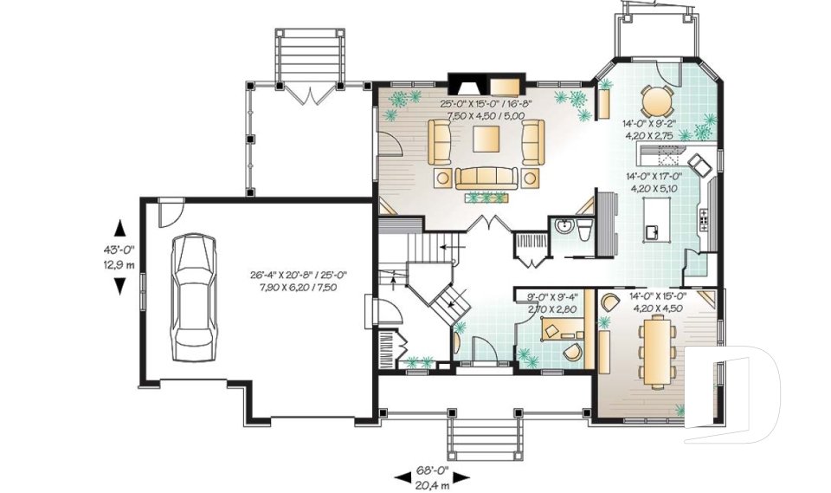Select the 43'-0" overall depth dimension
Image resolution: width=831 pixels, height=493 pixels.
(x=119, y=249)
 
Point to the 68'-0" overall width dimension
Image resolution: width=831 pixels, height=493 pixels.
(x=433, y=469)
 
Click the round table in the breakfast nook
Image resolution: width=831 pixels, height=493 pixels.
(x=656, y=101)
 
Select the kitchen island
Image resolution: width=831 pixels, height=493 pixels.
(x=656, y=218)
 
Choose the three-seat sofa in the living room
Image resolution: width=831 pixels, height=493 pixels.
(x=486, y=178)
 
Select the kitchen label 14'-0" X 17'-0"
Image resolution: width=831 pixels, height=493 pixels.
(x=654, y=177)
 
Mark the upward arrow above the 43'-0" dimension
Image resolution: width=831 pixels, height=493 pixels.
(x=120, y=228)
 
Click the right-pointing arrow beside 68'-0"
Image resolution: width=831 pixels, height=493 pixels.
(x=461, y=477)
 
